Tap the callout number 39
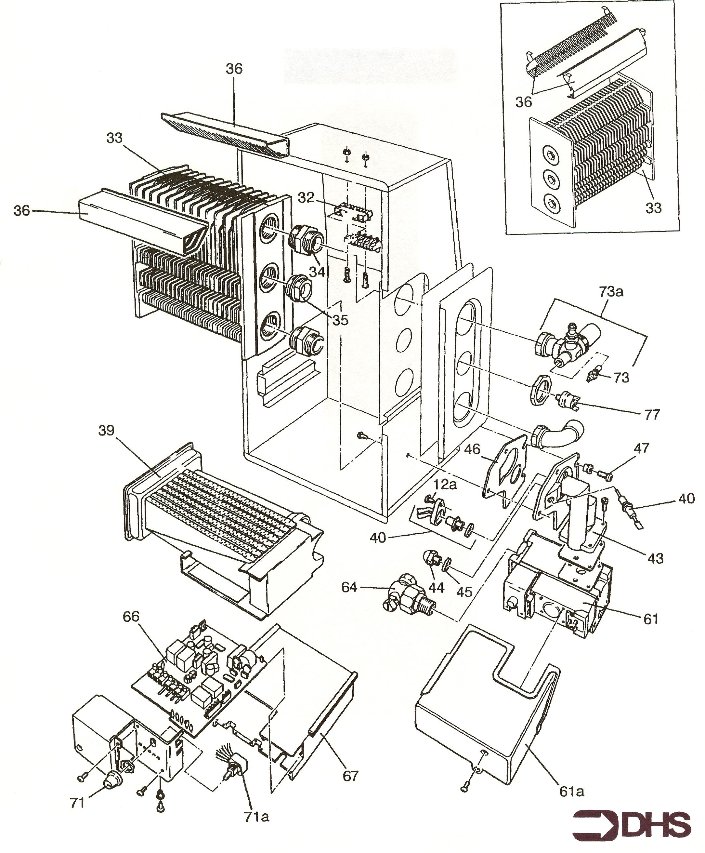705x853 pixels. pos(107,431)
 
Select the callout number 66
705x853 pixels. pos(131,617)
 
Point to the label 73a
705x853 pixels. pos(611,292)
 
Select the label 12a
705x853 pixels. pos(445,485)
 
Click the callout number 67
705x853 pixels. pos(351,776)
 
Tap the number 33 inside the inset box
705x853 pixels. pos(653,208)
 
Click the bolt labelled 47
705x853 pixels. pos(605,473)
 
